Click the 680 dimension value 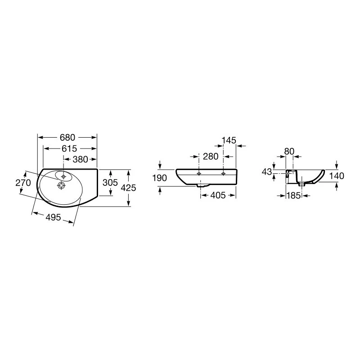67,138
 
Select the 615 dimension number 69,148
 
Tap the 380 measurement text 81,159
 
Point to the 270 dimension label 23,183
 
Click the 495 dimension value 53,217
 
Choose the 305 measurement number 110,183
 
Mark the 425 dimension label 128,188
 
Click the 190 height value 160,178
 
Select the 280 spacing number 211,157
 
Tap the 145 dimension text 229,140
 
